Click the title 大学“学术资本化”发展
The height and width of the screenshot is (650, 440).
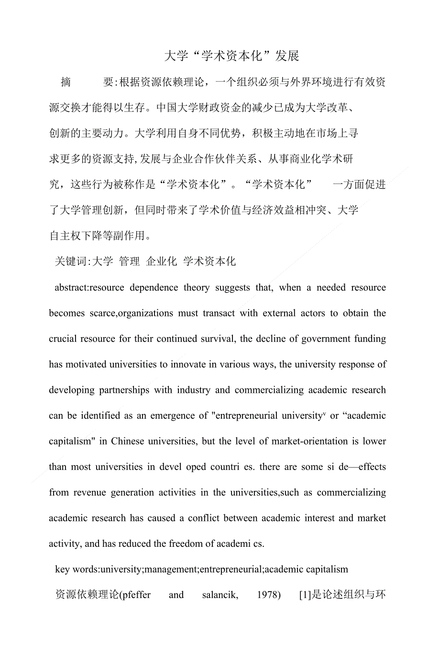coord(231,56)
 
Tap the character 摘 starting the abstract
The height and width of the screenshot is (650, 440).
coord(66,82)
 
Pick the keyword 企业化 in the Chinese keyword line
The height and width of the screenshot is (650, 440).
coord(162,261)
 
